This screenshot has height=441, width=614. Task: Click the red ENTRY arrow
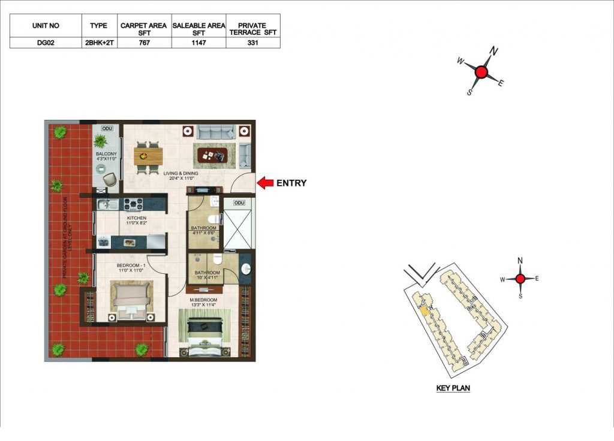pyautogui.click(x=265, y=183)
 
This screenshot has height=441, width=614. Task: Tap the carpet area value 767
pyautogui.click(x=144, y=43)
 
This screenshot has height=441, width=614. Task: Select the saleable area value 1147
pyautogui.click(x=198, y=43)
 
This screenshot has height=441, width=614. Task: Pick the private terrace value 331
pyautogui.click(x=252, y=43)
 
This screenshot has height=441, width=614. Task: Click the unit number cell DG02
pyautogui.click(x=46, y=43)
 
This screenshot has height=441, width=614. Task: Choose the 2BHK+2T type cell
pyautogui.click(x=99, y=43)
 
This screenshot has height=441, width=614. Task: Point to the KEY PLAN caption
pyautogui.click(x=453, y=388)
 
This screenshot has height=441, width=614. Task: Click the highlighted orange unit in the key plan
pyautogui.click(x=424, y=310)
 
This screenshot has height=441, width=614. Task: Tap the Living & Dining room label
pyautogui.click(x=181, y=173)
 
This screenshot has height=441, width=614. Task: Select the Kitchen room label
pyautogui.click(x=137, y=218)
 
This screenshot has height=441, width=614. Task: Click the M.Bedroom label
pyautogui.click(x=203, y=300)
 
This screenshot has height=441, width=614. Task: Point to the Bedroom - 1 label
pyautogui.click(x=131, y=265)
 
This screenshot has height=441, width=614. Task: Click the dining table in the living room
pyautogui.click(x=148, y=156)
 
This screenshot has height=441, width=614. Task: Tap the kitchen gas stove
pyautogui.click(x=133, y=204)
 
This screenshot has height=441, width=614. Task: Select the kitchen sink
pyautogui.click(x=108, y=204)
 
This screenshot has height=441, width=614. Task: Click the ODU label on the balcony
pyautogui.click(x=107, y=128)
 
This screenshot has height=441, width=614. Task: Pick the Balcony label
pyautogui.click(x=106, y=154)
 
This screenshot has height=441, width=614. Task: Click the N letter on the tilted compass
pyautogui.click(x=494, y=51)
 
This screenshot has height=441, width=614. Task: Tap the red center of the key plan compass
pyautogui.click(x=520, y=279)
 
